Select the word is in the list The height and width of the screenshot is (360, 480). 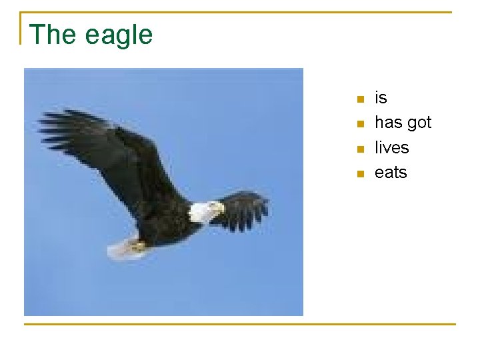click(x=381, y=98)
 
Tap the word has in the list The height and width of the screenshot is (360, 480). click(x=387, y=123)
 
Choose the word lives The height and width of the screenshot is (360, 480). click(x=391, y=147)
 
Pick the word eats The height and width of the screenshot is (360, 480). click(x=391, y=173)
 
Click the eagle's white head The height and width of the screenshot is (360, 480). click(x=202, y=212)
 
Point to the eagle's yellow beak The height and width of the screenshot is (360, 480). click(x=219, y=209)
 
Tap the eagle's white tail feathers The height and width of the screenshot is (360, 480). click(x=120, y=249)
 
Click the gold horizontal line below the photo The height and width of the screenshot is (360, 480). click(x=240, y=324)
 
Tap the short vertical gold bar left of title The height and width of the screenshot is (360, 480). click(x=21, y=28)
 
